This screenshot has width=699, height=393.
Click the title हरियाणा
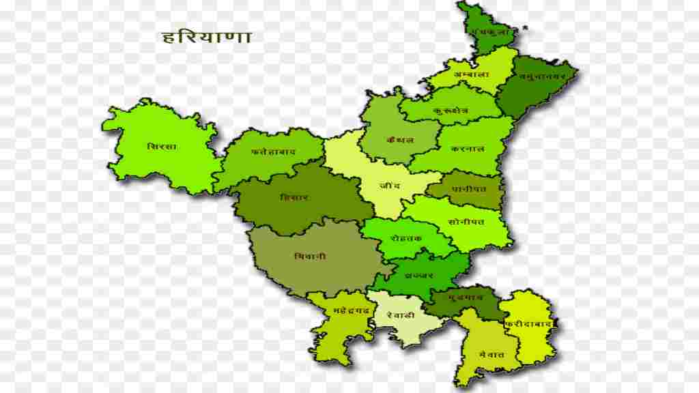pyautogui.click(x=207, y=36)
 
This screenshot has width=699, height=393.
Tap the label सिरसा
pyautogui.click(x=162, y=146)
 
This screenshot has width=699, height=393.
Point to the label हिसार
pyautogui.click(x=294, y=197)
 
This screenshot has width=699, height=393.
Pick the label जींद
pyautogui.click(x=391, y=185)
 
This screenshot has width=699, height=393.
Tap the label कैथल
pyautogui.click(x=400, y=140)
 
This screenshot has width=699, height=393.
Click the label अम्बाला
pyautogui.click(x=471, y=74)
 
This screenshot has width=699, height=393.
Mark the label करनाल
pyautogui.click(x=468, y=148)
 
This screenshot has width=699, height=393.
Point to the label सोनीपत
pyautogui.click(x=467, y=222)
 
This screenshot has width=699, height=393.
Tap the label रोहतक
pyautogui.click(x=406, y=237)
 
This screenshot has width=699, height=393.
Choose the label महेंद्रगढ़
pyautogui.click(x=352, y=310)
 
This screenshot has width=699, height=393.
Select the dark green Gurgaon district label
pyautogui.click(x=466, y=297)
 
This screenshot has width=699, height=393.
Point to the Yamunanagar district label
pyautogui.click(x=542, y=77)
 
